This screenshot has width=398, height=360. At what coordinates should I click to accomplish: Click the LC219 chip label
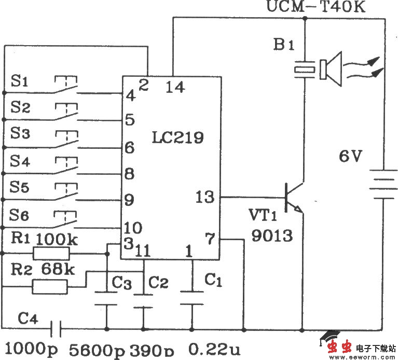(177, 137)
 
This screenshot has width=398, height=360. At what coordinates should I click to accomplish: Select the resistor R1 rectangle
(51, 253)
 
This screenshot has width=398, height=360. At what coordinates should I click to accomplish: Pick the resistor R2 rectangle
(50, 286)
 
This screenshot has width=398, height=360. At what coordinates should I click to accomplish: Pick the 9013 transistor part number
(271, 236)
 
